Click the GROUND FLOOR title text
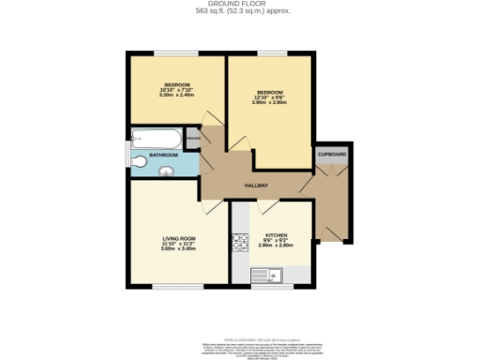tap(239, 4)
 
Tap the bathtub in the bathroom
tap(156, 137)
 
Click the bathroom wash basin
tap(166, 171)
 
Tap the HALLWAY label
tap(257, 186)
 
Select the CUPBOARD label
tap(332, 152)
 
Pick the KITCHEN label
tap(276, 235)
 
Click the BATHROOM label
tap(164, 154)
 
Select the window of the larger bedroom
tap(273, 52)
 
